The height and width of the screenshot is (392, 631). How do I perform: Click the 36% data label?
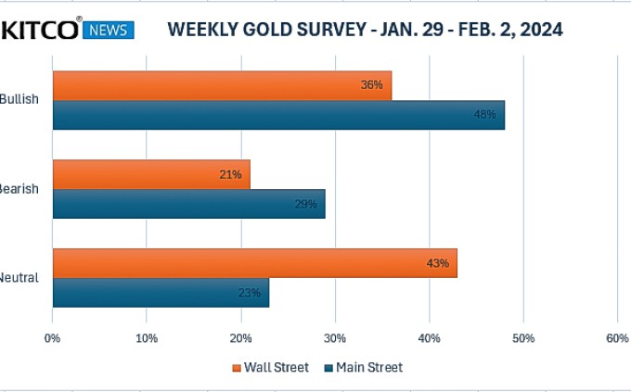pos(372,85)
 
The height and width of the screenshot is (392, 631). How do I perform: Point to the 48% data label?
pos(485,115)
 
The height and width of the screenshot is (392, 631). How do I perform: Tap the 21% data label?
pos(230,174)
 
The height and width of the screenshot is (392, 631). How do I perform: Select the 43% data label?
pos(437,263)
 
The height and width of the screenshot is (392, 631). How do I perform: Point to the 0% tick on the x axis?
pos(53,339)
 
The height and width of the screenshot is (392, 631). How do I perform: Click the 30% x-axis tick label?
pos(335,339)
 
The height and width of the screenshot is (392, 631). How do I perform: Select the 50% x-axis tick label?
pos(523,339)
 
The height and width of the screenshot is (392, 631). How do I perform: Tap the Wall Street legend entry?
pos(270,368)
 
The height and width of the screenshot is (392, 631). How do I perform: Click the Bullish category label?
pos(19,99)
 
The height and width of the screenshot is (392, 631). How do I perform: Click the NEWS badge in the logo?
pos(109,31)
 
